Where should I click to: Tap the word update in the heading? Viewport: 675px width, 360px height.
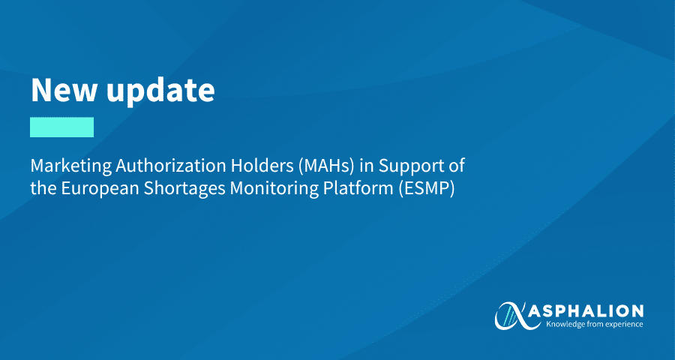tap(160, 91)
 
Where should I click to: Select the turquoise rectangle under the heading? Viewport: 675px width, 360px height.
tap(61, 127)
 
